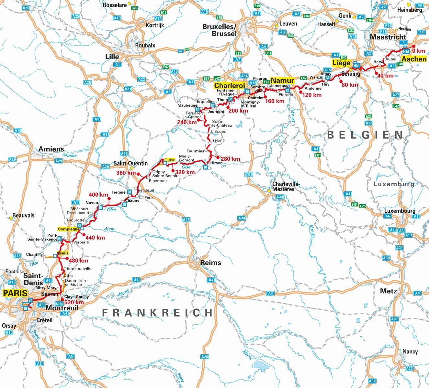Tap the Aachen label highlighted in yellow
(x=414, y=59)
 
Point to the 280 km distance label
(x=230, y=159)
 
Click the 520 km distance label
(x=74, y=302)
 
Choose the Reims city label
(x=210, y=263)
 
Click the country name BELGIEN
(x=365, y=135)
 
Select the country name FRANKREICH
(x=158, y=312)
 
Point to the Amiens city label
(x=51, y=149)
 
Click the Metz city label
(x=388, y=291)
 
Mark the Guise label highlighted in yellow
(x=170, y=160)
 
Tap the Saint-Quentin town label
(x=130, y=164)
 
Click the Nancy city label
(x=410, y=351)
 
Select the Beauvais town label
(x=23, y=215)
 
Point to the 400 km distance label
(x=98, y=195)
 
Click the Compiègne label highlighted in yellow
(x=69, y=229)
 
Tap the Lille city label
(x=112, y=57)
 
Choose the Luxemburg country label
(x=394, y=184)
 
